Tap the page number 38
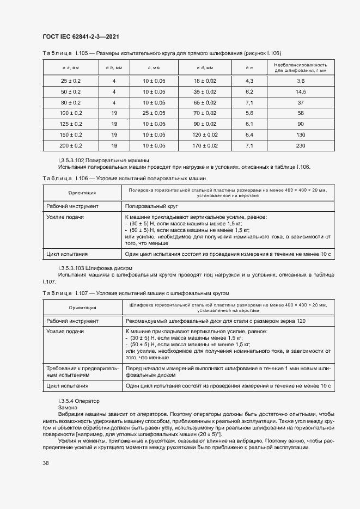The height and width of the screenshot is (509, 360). click(x=46, y=463)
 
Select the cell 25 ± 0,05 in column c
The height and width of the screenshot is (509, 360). click(x=154, y=113)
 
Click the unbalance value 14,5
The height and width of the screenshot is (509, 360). click(x=301, y=91)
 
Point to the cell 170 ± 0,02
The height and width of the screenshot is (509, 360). click(x=206, y=145)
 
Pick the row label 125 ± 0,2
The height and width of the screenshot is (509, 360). click(x=70, y=124)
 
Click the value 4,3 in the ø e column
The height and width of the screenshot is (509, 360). click(x=250, y=81)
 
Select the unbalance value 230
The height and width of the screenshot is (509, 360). click(x=301, y=145)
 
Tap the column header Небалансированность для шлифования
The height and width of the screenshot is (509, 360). click(x=301, y=68)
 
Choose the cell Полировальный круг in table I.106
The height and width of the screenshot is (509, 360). click(x=151, y=206)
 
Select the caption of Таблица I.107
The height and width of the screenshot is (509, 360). click(x=139, y=293)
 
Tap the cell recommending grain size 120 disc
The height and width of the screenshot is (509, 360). click(x=215, y=321)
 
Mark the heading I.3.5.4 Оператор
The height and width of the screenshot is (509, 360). click(x=79, y=401)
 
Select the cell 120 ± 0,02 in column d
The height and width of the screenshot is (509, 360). click(x=206, y=134)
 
